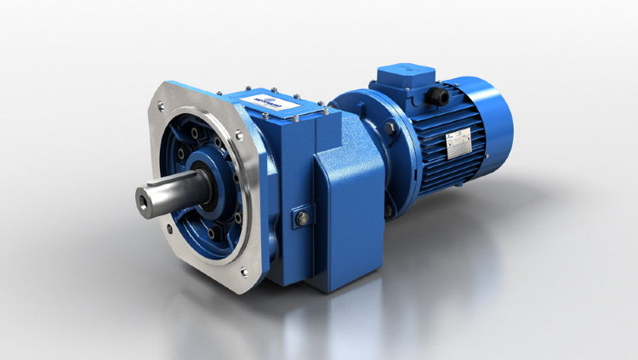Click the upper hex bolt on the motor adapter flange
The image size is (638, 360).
click(390, 129)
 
